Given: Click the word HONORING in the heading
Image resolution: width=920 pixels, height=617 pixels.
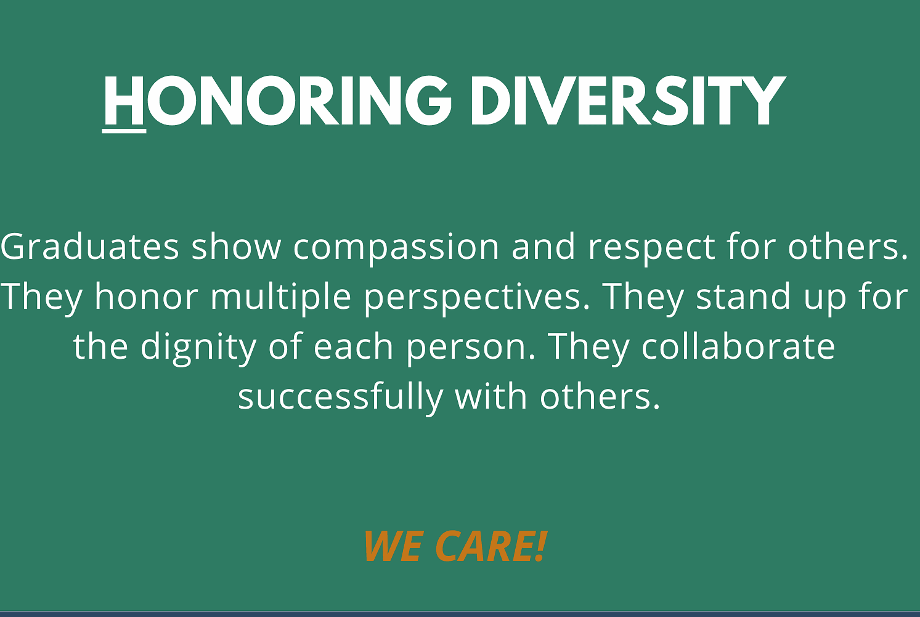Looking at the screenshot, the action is coord(277,100).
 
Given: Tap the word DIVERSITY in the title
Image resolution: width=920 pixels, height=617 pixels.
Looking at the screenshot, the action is coord(628,100).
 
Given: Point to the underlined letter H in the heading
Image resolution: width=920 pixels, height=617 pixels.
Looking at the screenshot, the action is coord(124,100).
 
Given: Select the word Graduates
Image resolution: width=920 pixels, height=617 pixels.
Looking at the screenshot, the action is coord(90,247).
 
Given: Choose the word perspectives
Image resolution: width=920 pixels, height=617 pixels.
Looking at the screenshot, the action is coord(477,300).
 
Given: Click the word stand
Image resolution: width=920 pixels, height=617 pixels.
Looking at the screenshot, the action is coord(743,296).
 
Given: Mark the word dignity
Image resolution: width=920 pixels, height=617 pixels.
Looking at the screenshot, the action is coord(199,349).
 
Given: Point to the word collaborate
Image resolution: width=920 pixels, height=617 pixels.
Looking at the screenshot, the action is coord(738,346).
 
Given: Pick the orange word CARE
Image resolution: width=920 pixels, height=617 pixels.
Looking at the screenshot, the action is coord(484,546).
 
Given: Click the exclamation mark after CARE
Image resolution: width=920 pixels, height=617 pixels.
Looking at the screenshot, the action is coord(541,546).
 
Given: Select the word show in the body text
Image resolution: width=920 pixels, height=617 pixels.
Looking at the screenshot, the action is coord(236,247).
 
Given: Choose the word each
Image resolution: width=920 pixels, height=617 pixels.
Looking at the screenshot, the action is coord(353,346).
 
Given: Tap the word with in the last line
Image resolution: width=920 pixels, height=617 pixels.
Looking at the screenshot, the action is coord(491,396).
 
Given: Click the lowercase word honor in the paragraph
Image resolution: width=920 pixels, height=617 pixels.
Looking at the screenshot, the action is coord(147,296).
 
